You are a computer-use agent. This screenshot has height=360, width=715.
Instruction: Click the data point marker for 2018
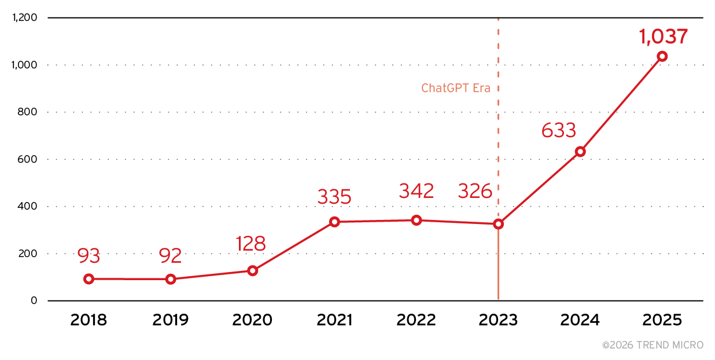pos(89,279)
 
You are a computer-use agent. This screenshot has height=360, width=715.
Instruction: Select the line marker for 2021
pos(334,222)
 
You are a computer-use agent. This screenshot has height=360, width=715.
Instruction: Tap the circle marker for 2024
pos(580,152)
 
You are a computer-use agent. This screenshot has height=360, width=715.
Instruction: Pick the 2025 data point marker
pos(662,56)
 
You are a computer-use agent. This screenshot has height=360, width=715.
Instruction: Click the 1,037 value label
pos(663,36)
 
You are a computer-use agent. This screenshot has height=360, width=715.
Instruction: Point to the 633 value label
pos(559,130)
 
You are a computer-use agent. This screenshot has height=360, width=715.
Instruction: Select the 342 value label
pos(416,191)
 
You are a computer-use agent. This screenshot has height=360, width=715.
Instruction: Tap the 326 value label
pos(475,190)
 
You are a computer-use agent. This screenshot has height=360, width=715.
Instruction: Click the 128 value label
pos(250,244)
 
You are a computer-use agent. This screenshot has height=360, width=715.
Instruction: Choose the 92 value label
pos(170,255)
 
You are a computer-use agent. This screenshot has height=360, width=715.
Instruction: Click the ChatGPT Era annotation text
pos(456,89)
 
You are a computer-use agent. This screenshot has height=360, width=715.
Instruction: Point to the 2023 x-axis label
pos(498,320)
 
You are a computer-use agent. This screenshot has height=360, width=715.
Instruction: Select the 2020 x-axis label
pos(252,320)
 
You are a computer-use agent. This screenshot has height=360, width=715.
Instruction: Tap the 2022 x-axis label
pos(416,320)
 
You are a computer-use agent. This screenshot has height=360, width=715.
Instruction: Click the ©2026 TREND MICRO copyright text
pos(653,345)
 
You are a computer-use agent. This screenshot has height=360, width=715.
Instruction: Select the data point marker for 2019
pos(171,279)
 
